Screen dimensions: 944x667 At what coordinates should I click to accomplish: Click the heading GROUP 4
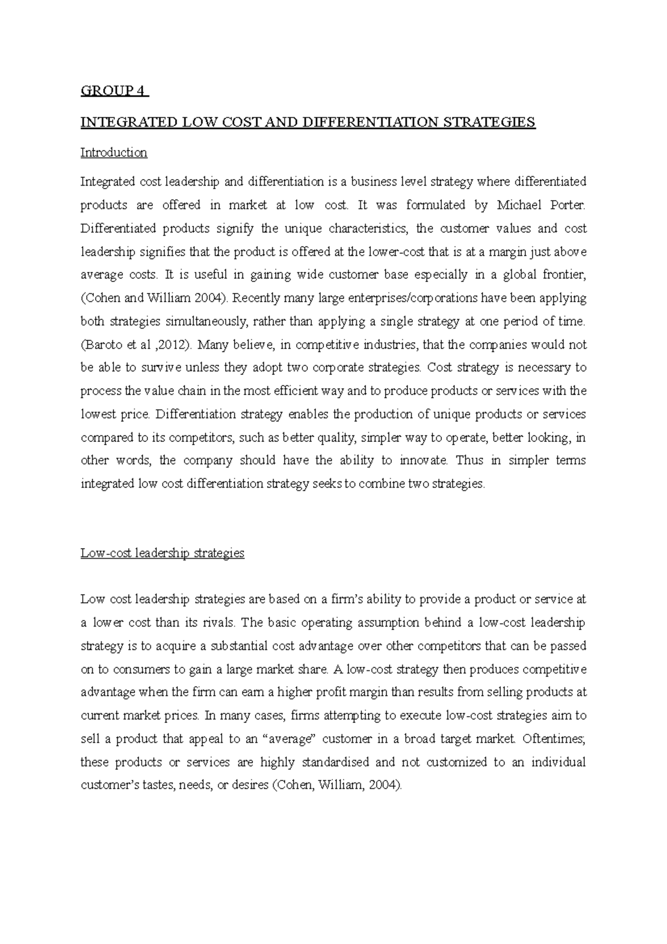click(x=114, y=91)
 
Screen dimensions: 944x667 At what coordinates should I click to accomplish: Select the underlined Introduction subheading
click(x=114, y=152)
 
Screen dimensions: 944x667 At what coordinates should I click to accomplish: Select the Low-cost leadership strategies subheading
click(x=162, y=553)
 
